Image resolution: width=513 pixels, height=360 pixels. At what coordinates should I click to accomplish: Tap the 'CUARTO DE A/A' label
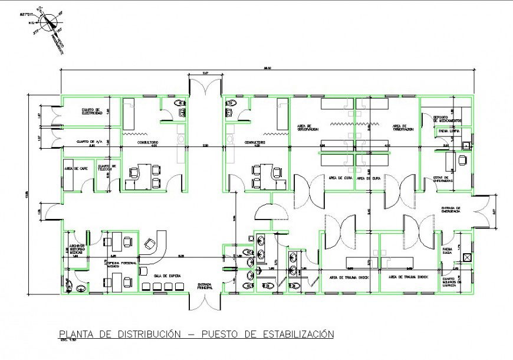pos(90,142)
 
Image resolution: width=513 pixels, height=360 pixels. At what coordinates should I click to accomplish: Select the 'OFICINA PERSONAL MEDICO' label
pos(121,264)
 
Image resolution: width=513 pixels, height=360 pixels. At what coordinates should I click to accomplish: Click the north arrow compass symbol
pos(48,21)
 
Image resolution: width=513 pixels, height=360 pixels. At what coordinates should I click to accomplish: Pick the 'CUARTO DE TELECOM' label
pos(107,168)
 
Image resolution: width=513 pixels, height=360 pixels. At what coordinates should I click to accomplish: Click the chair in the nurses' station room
pos(462,159)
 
